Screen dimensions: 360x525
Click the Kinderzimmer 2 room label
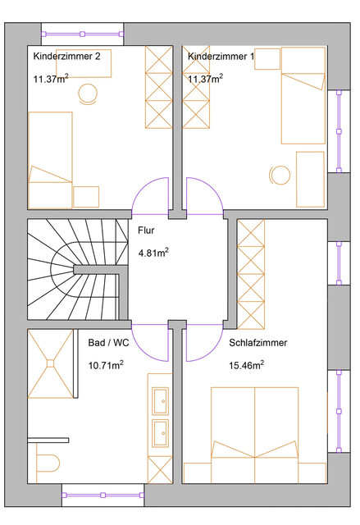(66, 57)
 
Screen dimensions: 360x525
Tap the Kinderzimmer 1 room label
(221, 57)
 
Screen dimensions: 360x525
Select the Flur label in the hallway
(146, 231)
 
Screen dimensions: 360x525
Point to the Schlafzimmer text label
(258, 343)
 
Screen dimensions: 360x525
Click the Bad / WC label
(108, 343)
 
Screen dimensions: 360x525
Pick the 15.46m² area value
(246, 365)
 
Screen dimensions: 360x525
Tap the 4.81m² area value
(153, 253)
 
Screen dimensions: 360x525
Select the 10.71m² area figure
(106, 365)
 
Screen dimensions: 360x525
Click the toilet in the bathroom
(48, 463)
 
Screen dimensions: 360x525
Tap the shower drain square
(51, 363)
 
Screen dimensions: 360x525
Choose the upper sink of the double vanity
(161, 401)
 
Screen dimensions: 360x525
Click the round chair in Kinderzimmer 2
(88, 94)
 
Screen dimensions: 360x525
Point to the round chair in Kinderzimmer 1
(280, 175)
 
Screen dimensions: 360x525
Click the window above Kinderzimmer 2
(82, 34)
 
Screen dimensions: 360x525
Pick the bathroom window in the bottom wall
(103, 495)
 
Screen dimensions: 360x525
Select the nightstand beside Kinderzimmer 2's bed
(86, 197)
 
